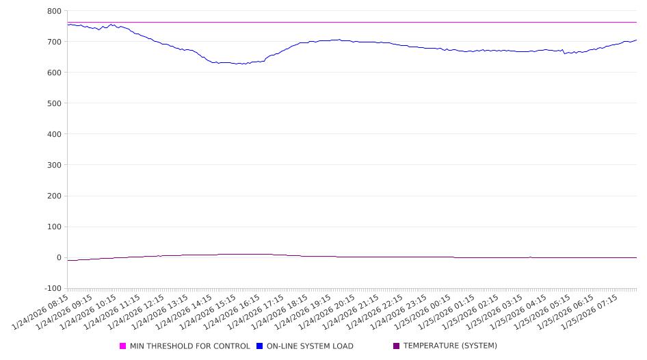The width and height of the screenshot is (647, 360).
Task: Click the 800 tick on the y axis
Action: pyautogui.click(x=54, y=11)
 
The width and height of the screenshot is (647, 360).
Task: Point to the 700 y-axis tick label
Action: pyautogui.click(x=54, y=42)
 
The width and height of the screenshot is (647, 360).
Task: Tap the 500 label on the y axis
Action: pyautogui.click(x=54, y=103)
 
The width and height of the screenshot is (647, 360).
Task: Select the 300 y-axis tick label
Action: pyautogui.click(x=54, y=165)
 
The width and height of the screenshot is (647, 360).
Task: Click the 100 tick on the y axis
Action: pyautogui.click(x=54, y=227)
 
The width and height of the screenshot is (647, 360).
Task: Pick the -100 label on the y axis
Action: pyautogui.click(x=52, y=288)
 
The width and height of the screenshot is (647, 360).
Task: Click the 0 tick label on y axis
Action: pyautogui.click(x=59, y=257)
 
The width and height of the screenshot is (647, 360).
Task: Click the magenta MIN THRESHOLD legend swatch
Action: pyautogui.click(x=123, y=346)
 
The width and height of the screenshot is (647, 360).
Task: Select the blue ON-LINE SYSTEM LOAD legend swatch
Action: pyautogui.click(x=260, y=346)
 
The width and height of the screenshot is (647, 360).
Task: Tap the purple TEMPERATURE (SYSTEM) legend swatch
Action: pyautogui.click(x=397, y=346)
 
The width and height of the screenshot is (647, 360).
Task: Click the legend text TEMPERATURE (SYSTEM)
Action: pyautogui.click(x=450, y=346)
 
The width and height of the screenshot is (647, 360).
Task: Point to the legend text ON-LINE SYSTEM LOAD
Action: pyautogui.click(x=310, y=346)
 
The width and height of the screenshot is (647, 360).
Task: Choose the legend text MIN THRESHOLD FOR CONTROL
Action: pyautogui.click(x=190, y=346)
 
